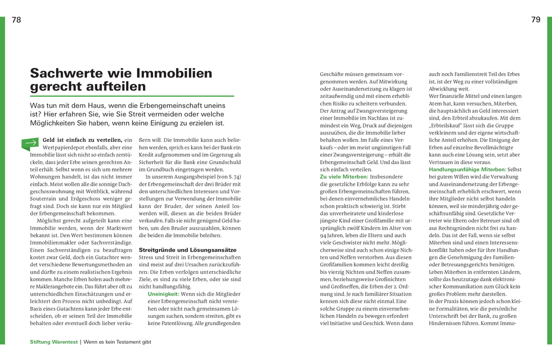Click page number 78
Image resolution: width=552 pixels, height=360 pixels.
(x=16, y=19)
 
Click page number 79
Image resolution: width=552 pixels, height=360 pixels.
(x=536, y=19)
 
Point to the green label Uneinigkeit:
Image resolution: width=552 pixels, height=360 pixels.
(x=163, y=293)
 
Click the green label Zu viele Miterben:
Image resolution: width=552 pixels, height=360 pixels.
(x=344, y=176)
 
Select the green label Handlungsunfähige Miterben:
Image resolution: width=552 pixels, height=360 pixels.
(x=468, y=169)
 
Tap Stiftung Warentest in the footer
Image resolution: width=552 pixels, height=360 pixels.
(x=54, y=342)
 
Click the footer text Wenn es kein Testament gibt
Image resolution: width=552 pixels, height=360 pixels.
(x=117, y=342)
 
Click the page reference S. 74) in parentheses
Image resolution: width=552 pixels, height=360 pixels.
(x=233, y=176)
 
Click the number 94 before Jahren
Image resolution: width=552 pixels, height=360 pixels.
(x=324, y=235)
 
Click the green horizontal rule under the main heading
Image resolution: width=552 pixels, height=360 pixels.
(x=132, y=96)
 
